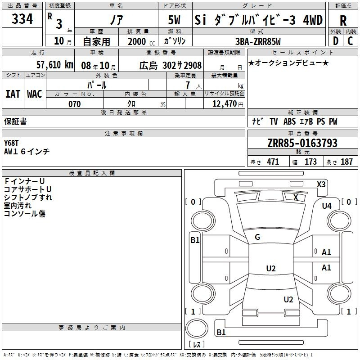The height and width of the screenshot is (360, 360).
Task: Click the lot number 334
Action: [22, 18]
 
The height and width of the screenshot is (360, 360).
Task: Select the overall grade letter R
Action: [343, 21]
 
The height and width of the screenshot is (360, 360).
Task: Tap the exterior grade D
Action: [336, 41]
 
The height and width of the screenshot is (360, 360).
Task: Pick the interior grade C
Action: [350, 41]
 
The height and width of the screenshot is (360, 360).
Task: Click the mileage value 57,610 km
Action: [55, 64]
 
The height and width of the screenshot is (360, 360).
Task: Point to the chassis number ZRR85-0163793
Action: [302, 143]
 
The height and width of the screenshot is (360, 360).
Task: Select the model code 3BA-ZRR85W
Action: [258, 41]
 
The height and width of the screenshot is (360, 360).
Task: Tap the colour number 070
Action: [75, 104]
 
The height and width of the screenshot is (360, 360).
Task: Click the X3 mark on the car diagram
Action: [321, 184]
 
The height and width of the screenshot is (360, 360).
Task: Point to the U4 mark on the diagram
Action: [327, 206]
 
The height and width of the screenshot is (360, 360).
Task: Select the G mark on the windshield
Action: [257, 237]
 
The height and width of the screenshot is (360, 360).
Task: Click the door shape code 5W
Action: [174, 20]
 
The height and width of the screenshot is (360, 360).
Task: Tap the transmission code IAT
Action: [13, 94]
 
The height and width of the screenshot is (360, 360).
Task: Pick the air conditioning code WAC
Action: [35, 94]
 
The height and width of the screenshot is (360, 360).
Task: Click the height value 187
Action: [346, 162]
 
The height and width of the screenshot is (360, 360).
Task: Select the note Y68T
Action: [11, 143]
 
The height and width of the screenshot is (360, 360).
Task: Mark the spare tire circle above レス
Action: [197, 328]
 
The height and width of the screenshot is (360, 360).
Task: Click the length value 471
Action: [273, 162]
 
